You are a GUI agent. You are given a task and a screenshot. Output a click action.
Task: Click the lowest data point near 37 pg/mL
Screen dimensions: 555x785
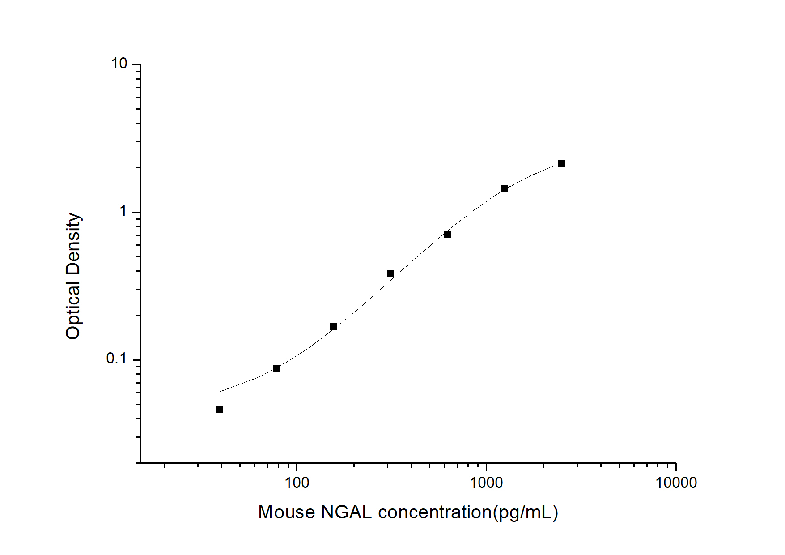[x=219, y=410]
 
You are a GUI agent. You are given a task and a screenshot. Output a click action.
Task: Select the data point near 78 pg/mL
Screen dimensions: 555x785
[x=276, y=368]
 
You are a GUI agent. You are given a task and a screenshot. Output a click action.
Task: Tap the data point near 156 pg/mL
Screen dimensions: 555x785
[x=334, y=327]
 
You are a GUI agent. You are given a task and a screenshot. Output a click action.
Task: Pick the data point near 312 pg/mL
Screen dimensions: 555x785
[x=390, y=273]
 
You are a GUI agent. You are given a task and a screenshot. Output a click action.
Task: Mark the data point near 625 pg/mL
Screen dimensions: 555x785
[x=448, y=235]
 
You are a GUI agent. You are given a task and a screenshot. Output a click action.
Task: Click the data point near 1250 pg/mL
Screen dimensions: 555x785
[x=505, y=188]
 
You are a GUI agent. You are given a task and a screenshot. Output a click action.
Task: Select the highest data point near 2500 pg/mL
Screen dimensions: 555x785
[x=562, y=163]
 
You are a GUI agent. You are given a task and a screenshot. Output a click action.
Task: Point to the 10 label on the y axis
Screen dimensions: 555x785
[x=119, y=64]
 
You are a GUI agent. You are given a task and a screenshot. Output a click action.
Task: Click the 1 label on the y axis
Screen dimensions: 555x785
[x=124, y=211]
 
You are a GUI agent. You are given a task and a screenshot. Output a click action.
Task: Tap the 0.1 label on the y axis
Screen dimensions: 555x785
[x=116, y=359]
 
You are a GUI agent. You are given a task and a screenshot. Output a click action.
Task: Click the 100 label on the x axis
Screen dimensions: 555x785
[x=297, y=482]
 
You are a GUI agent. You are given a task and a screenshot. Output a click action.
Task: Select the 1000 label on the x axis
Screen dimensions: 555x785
[x=486, y=482]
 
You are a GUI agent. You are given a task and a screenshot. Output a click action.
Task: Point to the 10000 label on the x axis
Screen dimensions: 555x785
[x=676, y=482]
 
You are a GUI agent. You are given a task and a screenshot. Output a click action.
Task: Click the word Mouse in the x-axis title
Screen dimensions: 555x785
[x=287, y=512]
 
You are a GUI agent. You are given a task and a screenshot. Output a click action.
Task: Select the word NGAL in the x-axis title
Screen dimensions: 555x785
[x=346, y=512]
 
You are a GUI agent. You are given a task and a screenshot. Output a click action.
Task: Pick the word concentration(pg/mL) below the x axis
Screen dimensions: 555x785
[x=468, y=512]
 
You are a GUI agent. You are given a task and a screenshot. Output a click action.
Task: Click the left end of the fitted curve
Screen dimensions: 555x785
[x=220, y=392]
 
